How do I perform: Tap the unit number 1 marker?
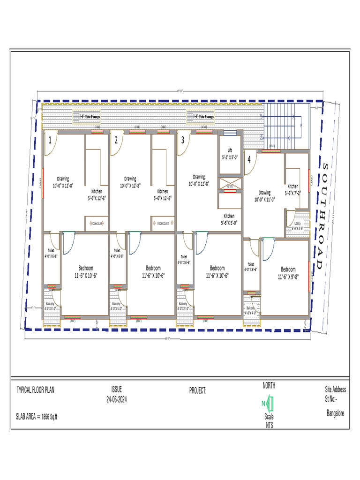pyautogui.click(x=50, y=140)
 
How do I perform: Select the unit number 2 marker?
pyautogui.click(x=116, y=140)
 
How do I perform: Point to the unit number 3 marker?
pyautogui.click(x=182, y=140)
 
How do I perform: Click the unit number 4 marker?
pyautogui.click(x=249, y=159)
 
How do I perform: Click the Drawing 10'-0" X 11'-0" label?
pyautogui.click(x=265, y=195)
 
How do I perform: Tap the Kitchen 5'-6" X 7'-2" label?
pyautogui.click(x=292, y=189)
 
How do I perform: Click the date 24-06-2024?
pyautogui.click(x=116, y=399)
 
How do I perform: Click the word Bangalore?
pyautogui.click(x=335, y=413)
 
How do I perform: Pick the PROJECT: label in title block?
pyautogui.click(x=198, y=390)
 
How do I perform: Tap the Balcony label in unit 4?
pyautogui.click(x=251, y=310)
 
